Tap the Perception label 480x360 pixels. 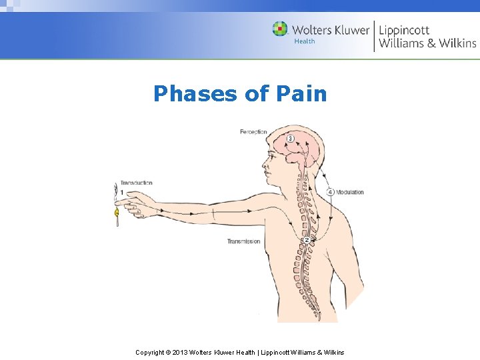(x=253, y=132)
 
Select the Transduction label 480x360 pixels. (x=136, y=183)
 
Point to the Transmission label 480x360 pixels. (x=243, y=241)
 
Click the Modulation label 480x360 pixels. (x=349, y=192)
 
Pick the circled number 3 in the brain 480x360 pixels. (x=290, y=138)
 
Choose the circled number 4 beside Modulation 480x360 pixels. (x=331, y=192)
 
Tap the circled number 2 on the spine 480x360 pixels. (x=306, y=240)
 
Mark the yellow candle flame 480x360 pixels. (x=117, y=213)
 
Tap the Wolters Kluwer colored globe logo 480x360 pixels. (x=280, y=29)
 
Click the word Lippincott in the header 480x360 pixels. (x=405, y=30)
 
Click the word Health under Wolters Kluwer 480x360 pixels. (x=305, y=41)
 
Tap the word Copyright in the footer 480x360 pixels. (x=150, y=352)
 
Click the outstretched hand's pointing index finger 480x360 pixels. (x=128, y=198)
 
